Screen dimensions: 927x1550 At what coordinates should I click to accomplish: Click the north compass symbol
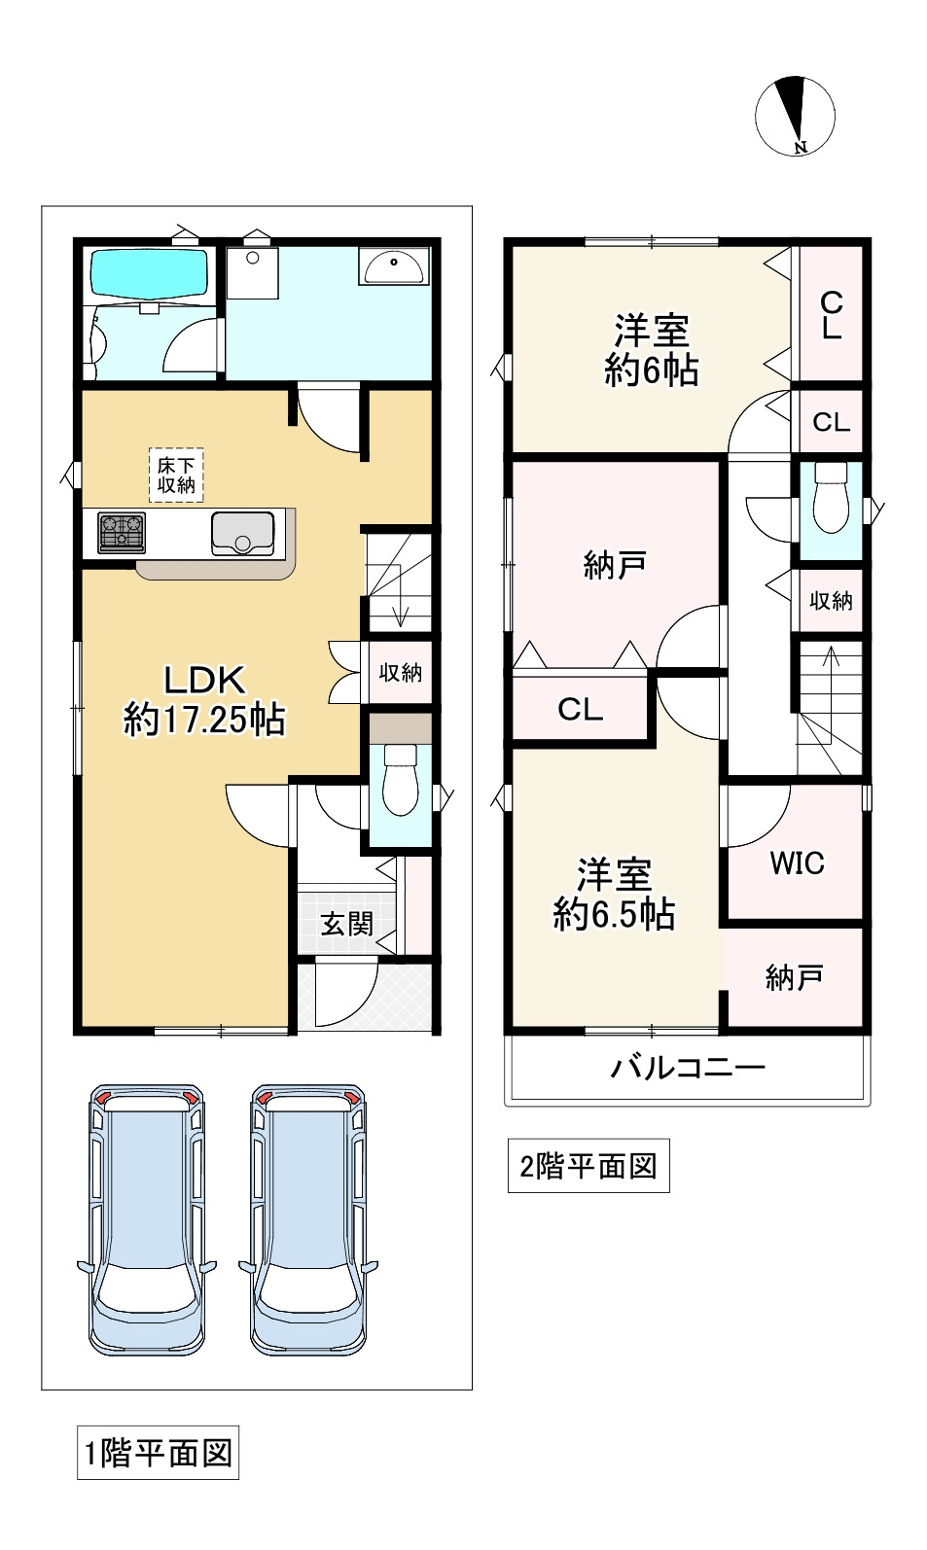pos(795,117)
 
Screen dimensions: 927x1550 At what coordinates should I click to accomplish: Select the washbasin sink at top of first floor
pos(393,266)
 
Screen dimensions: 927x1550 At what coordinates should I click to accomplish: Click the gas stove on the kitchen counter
pos(122,533)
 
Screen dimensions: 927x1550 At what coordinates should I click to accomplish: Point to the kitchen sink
pos(243,533)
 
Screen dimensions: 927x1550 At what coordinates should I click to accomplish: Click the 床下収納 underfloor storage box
pos(176,475)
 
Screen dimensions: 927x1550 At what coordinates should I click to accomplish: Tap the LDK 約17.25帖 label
pos(204,700)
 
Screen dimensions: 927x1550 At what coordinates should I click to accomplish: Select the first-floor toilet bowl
pos(401,780)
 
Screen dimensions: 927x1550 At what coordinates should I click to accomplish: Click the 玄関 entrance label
pos(347,924)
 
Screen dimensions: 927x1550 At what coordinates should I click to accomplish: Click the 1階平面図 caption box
pos(158,1453)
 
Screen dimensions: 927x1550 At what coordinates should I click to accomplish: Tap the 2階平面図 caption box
pos(588,1165)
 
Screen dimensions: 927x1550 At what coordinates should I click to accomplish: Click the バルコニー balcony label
pos(688,1068)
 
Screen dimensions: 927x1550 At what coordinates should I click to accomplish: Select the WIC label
pos(797,863)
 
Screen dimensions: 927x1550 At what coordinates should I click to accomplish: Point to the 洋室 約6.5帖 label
pos(614,894)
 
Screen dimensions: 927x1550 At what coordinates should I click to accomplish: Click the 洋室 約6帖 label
pos(652,350)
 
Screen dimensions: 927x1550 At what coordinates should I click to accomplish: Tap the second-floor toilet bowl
pos(831,497)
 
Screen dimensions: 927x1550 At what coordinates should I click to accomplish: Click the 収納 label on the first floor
pos(401,672)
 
